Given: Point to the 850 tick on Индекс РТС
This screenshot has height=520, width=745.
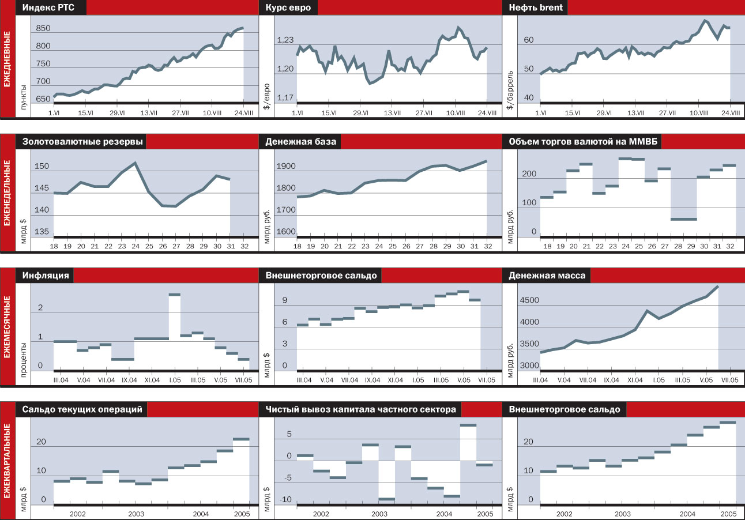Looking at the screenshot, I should coord(43,29).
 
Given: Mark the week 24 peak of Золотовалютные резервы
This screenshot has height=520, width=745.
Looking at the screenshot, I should coord(134,163).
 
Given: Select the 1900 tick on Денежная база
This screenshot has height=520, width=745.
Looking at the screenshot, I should coord(285,167).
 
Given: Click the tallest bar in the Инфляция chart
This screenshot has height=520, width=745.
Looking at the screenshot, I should coord(174,295).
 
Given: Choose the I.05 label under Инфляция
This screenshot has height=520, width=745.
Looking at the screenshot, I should coord(174,380).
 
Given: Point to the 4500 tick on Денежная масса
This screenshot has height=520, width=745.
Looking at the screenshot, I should coord(529,300).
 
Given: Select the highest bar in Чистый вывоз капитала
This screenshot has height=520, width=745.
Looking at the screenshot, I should coord(468,425).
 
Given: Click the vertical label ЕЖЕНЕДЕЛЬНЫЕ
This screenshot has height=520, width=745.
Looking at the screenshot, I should coord(7,191).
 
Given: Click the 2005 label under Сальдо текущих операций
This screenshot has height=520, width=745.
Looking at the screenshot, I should coord(240,513).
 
